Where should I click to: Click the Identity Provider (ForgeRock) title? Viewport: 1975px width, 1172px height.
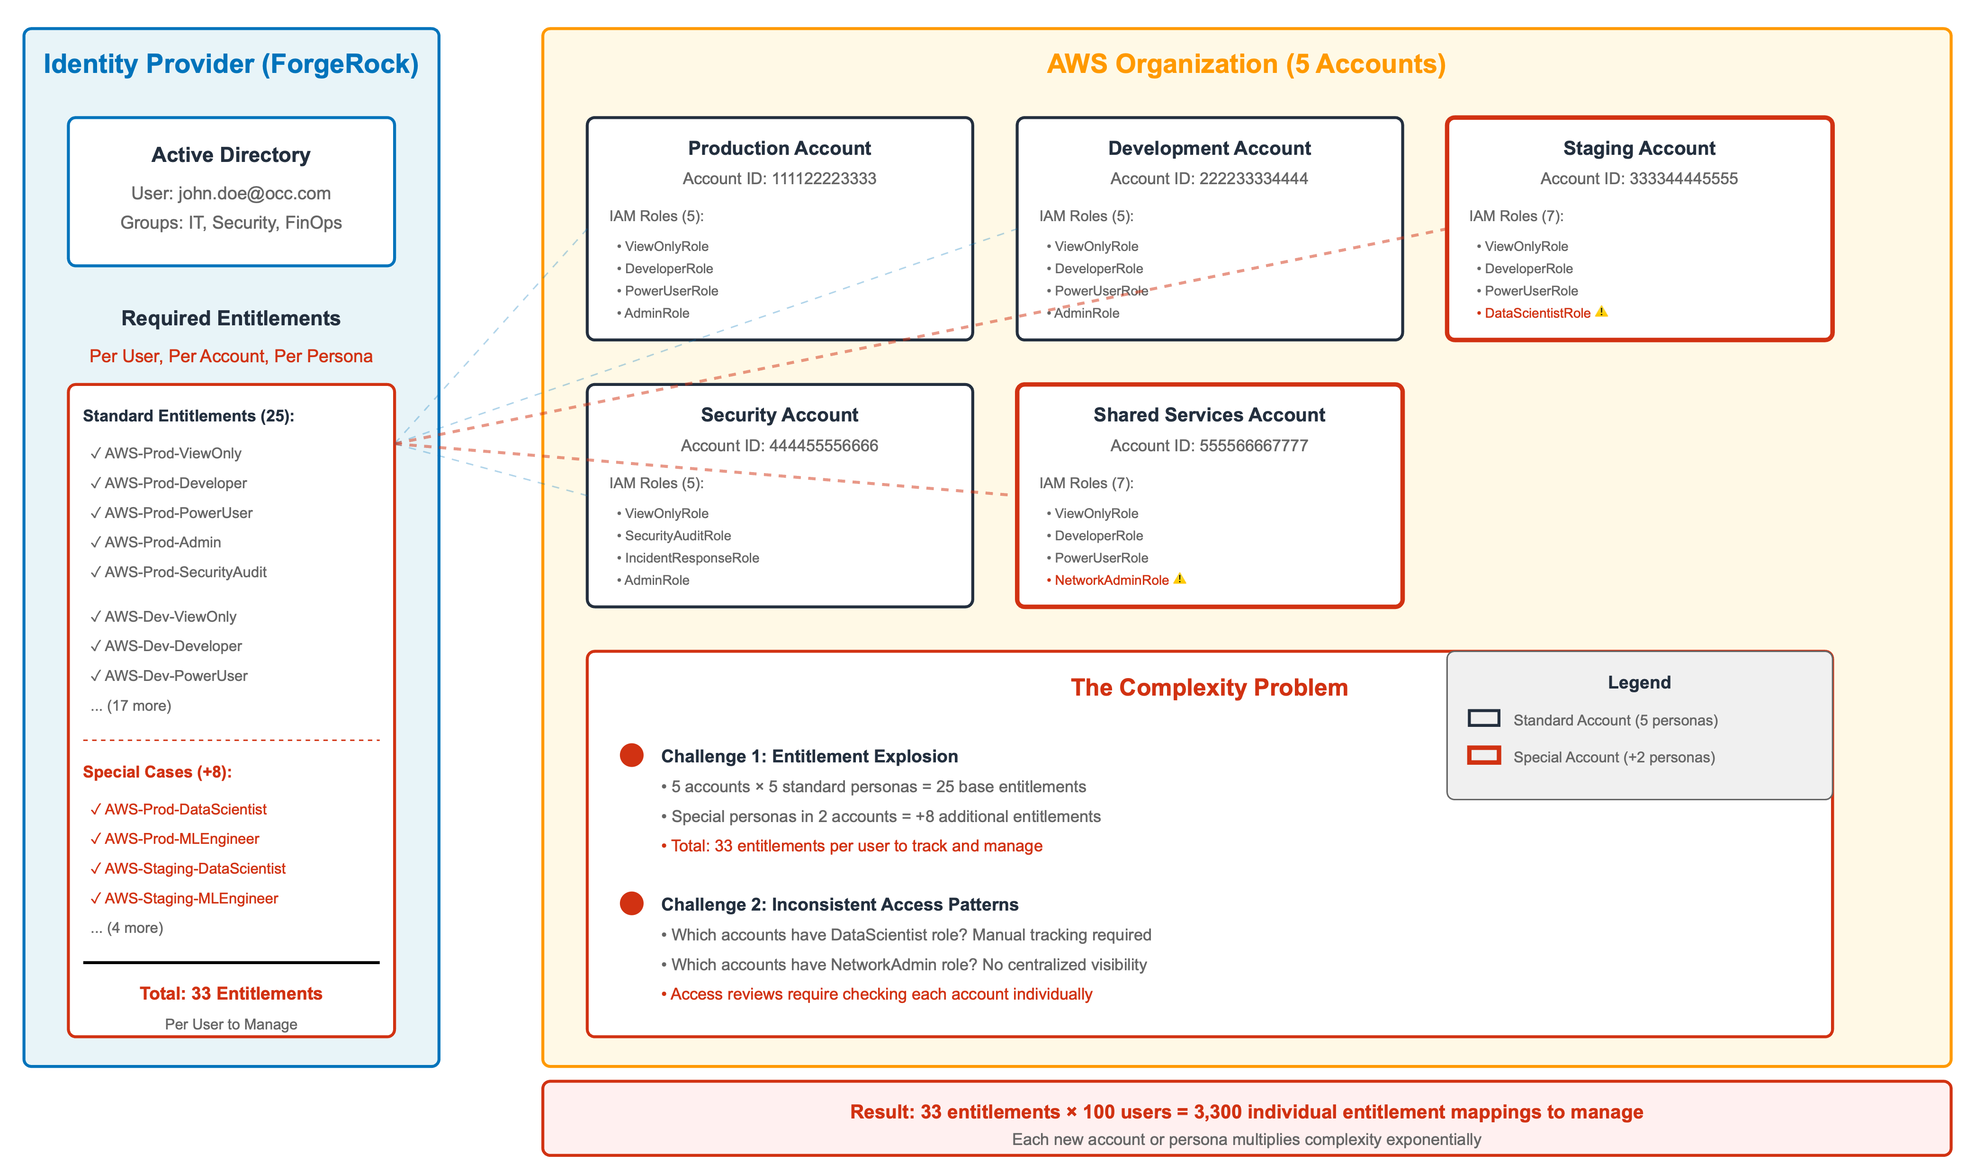[x=231, y=64]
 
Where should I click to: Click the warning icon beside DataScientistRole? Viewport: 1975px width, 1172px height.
[x=1601, y=312]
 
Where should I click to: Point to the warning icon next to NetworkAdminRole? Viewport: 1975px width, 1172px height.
[x=1179, y=579]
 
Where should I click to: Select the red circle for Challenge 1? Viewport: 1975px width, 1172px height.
[x=631, y=755]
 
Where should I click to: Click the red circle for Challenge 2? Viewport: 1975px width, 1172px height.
[x=631, y=904]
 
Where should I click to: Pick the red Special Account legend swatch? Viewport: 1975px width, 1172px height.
[x=1483, y=756]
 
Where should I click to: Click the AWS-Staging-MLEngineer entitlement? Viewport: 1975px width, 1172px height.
[x=190, y=898]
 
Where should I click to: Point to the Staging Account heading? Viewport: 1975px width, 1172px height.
[x=1639, y=149]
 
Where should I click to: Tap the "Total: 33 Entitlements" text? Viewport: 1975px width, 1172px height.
[x=231, y=993]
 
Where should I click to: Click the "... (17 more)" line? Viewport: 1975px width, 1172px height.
[x=131, y=705]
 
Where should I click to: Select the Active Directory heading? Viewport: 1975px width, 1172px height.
[x=231, y=155]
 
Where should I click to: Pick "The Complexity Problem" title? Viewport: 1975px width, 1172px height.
[x=1208, y=687]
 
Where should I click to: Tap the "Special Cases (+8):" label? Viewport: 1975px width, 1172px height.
[x=157, y=771]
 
